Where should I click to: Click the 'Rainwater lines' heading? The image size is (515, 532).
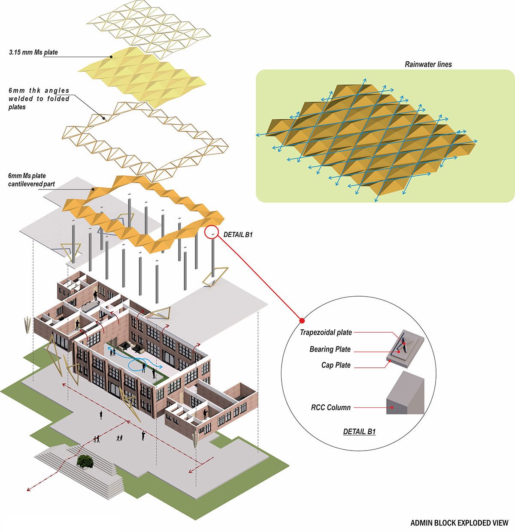pyautogui.click(x=428, y=64)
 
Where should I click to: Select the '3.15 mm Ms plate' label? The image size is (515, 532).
pyautogui.click(x=33, y=53)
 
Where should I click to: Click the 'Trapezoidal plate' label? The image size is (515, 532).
pyautogui.click(x=326, y=332)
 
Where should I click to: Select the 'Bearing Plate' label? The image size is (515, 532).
pyautogui.click(x=330, y=349)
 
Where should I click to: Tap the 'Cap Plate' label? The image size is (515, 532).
pyautogui.click(x=336, y=365)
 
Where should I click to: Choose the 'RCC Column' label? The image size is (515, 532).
pyautogui.click(x=330, y=407)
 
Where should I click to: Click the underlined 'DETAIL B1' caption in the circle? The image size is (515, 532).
pyautogui.click(x=359, y=432)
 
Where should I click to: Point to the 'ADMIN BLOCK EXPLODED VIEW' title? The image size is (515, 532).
pyautogui.click(x=459, y=523)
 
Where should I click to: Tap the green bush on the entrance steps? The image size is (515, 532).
pyautogui.click(x=85, y=461)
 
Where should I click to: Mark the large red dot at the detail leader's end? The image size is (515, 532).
pyautogui.click(x=302, y=320)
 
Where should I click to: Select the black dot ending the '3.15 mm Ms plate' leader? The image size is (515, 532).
pyautogui.click(x=111, y=56)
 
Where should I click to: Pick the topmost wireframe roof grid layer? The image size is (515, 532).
pyautogui.click(x=148, y=28)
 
